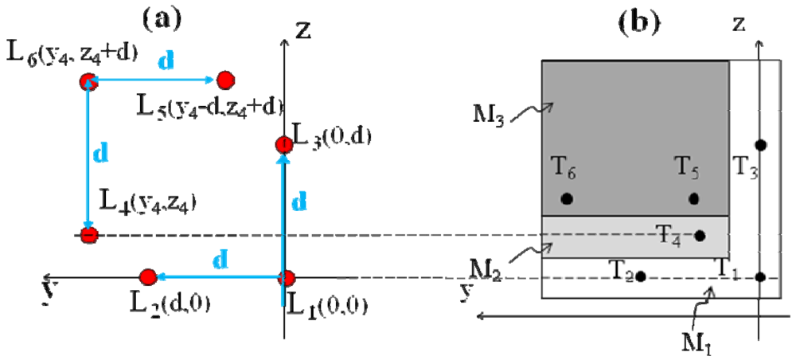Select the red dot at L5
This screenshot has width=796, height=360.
tap(224, 80)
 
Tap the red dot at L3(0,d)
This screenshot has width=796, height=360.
tap(283, 144)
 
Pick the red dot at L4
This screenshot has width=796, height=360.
tap(89, 235)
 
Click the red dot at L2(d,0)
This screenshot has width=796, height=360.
tap(147, 277)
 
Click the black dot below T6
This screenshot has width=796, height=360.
tap(567, 198)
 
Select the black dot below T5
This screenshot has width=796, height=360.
tap(694, 198)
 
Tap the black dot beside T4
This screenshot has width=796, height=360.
tap(700, 235)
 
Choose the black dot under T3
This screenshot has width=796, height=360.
tap(761, 145)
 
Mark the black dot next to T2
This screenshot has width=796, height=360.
tap(641, 276)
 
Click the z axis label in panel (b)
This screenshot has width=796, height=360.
tap(739, 25)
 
